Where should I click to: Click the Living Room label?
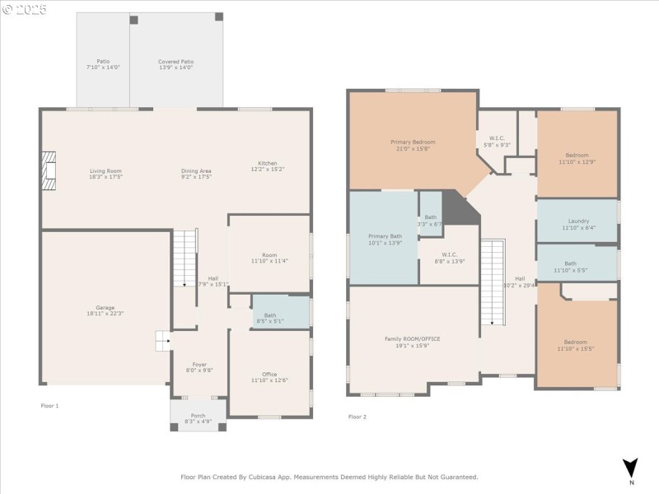coord(105,171)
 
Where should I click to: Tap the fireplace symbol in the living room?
coord(50,170)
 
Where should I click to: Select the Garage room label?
coord(105,308)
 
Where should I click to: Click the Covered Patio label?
coord(175,61)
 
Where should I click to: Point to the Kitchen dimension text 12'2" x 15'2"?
coord(267,170)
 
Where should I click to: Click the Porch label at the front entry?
coord(198,415)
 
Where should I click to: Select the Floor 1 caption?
coord(49,406)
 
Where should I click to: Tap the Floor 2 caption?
coord(357,417)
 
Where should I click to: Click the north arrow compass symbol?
coord(630,467)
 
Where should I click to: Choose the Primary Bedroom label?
coord(413,142)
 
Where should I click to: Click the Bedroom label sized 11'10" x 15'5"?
coord(576,343)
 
